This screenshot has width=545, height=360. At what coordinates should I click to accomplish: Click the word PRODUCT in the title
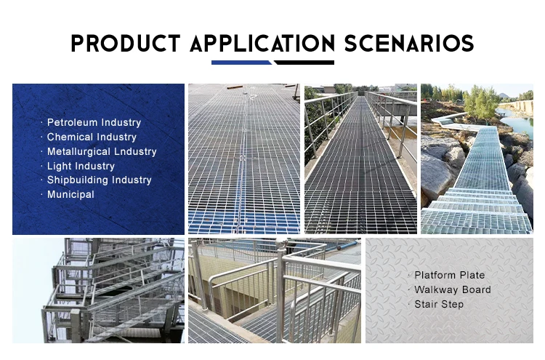point(126,43)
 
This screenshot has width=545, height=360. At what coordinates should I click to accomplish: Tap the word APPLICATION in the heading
point(262,43)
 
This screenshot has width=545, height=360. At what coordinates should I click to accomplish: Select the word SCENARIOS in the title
point(409,43)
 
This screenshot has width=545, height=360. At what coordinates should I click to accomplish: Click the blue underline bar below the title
point(241,63)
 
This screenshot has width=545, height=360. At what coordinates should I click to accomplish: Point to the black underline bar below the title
point(304,63)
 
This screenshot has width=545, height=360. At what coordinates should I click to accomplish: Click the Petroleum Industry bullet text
point(94,122)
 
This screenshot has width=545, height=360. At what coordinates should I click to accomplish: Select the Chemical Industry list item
point(92,137)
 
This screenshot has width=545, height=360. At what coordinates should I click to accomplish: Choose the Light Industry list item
point(81,167)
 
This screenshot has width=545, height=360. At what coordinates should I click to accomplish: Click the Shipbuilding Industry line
point(100,180)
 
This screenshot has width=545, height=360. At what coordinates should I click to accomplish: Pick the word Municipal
point(70,194)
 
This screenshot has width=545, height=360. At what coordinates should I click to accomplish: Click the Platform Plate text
point(449,275)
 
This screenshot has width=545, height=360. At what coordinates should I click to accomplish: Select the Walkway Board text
point(453,289)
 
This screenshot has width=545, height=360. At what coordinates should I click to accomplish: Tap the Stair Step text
point(439,304)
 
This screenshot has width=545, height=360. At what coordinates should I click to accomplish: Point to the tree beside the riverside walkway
point(481,103)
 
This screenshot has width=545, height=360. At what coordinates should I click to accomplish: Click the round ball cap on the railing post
point(281,244)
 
